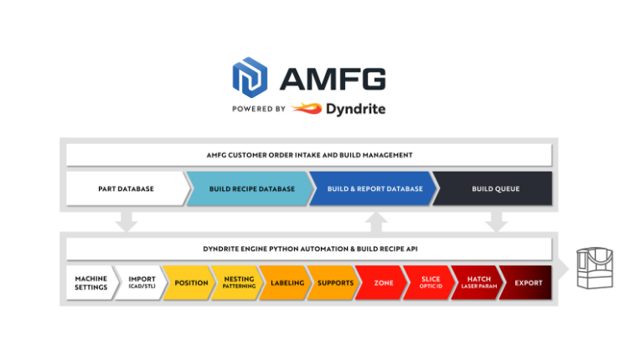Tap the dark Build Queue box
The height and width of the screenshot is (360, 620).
pyautogui.click(x=495, y=188)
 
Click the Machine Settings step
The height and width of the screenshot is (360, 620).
pyautogui.click(x=91, y=283)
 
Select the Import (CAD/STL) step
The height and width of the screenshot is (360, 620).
pyautogui.click(x=142, y=283)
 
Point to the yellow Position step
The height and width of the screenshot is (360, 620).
pyautogui.click(x=190, y=283)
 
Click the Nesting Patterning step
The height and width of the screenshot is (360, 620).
pyautogui.click(x=239, y=283)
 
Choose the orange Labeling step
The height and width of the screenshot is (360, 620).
pyautogui.click(x=287, y=283)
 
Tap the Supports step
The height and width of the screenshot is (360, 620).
pyautogui.click(x=335, y=283)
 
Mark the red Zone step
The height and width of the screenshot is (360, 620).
pyautogui.click(x=384, y=283)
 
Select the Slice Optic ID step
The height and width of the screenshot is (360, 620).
pyautogui.click(x=431, y=283)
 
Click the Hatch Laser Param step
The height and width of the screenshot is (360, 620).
pyautogui.click(x=479, y=283)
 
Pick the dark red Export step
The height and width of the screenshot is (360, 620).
pyautogui.click(x=528, y=283)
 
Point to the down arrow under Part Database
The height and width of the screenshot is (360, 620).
pyautogui.click(x=127, y=220)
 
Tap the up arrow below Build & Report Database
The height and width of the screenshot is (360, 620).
pyautogui.click(x=377, y=220)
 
